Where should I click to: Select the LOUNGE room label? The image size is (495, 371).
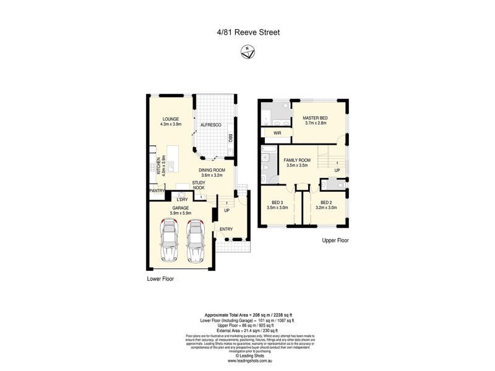[171, 119]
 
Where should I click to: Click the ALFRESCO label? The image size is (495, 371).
[210, 126]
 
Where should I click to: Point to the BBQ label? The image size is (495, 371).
[230, 138]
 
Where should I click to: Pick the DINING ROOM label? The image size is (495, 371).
[212, 169]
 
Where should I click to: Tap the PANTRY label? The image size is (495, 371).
[157, 191]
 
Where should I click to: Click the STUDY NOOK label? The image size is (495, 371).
[199, 185]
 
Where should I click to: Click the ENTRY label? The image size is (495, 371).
[226, 229]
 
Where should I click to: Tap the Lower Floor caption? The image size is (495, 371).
[160, 279]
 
